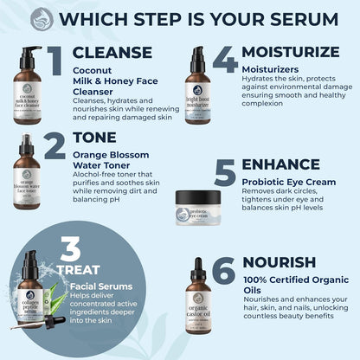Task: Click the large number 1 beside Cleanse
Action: pyautogui.click(x=55, y=62)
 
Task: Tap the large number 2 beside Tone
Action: pyautogui.click(x=54, y=146)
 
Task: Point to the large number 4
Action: pyautogui.click(x=224, y=61)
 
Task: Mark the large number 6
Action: pyautogui.click(x=223, y=271)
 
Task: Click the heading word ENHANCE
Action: pyautogui.click(x=280, y=164)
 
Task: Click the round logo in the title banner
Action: pyautogui.click(x=42, y=19)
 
